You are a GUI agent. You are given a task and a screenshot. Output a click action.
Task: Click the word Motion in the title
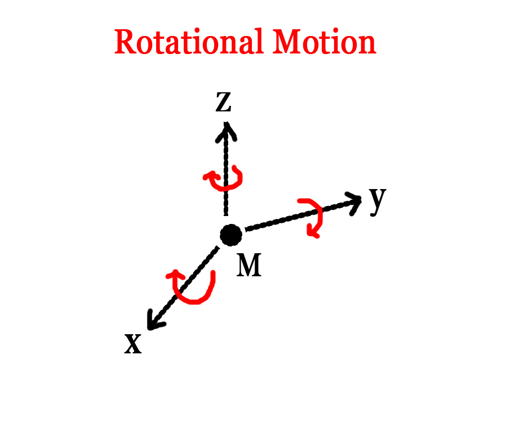pos(325,42)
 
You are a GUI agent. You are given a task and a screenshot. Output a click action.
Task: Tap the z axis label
pos(223,102)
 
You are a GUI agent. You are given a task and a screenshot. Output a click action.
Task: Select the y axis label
pos(378,201)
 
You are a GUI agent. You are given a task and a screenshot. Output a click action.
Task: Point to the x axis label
pos(133,344)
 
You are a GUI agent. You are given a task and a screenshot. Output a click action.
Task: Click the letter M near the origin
pos(249,265)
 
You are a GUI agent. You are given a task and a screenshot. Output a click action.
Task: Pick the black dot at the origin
pos(231,235)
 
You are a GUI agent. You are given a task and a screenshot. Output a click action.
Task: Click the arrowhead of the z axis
pos(227,131)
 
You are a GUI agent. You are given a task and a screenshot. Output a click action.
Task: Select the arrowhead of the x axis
pos(154,321)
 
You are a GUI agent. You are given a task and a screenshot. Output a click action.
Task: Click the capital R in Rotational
pos(125,42)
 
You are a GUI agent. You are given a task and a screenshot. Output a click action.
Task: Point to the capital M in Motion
pos(287,42)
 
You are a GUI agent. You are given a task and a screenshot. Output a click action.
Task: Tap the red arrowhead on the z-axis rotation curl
pos(209,176)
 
